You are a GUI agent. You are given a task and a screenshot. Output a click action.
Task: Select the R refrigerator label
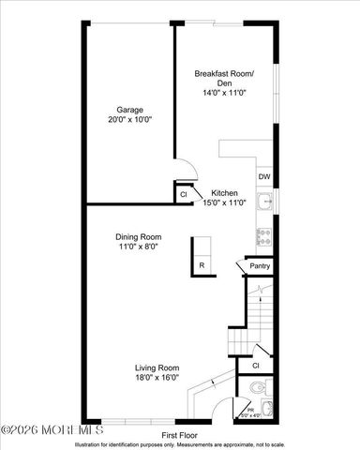(202, 266)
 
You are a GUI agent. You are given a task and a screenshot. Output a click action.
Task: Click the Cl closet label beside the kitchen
(183, 195)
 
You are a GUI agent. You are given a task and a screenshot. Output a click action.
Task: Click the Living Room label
(157, 367)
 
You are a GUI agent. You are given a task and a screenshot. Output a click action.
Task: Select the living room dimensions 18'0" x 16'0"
(157, 379)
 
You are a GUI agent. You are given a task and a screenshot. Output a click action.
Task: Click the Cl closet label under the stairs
(255, 365)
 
